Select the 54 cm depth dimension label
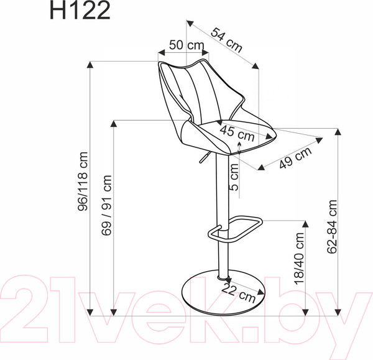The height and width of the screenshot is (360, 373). [224, 39]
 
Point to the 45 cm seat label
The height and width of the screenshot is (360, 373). [237, 132]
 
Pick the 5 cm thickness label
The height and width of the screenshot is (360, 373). [233, 177]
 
